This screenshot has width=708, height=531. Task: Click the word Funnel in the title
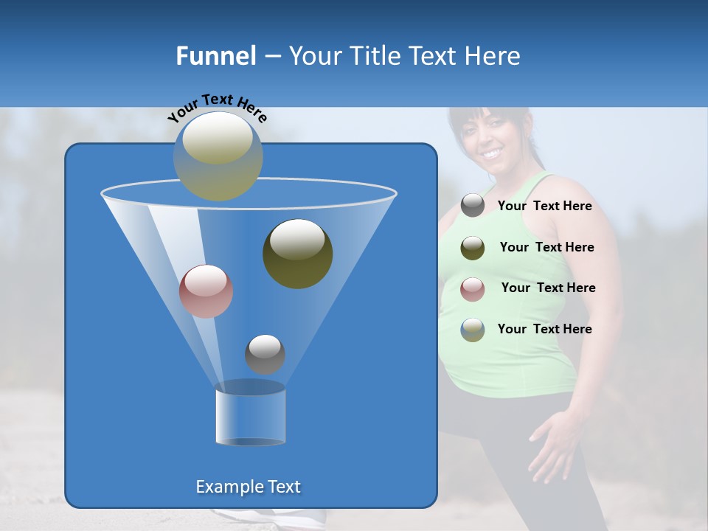click(215, 56)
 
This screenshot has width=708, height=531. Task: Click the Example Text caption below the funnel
click(249, 487)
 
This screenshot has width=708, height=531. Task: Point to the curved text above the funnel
click(218, 108)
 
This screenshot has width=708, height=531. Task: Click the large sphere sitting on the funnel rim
click(218, 156)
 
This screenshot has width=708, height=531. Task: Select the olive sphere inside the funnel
click(298, 254)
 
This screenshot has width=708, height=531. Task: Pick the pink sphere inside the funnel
click(206, 291)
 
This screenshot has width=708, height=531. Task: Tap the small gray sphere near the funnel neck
click(265, 354)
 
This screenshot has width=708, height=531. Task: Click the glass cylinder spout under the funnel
click(250, 414)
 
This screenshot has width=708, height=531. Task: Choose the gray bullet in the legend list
click(473, 206)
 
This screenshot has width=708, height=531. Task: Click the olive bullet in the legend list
click(473, 248)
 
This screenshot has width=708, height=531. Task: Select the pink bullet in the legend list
click(473, 288)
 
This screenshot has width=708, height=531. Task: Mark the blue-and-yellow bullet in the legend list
click(473, 330)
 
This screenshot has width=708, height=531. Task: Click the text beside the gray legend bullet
click(544, 206)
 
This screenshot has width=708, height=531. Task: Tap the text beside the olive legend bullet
click(546, 247)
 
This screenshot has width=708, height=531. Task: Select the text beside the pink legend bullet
click(548, 288)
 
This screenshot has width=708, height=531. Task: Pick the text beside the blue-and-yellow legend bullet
click(544, 329)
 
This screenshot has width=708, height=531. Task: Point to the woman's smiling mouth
click(491, 153)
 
